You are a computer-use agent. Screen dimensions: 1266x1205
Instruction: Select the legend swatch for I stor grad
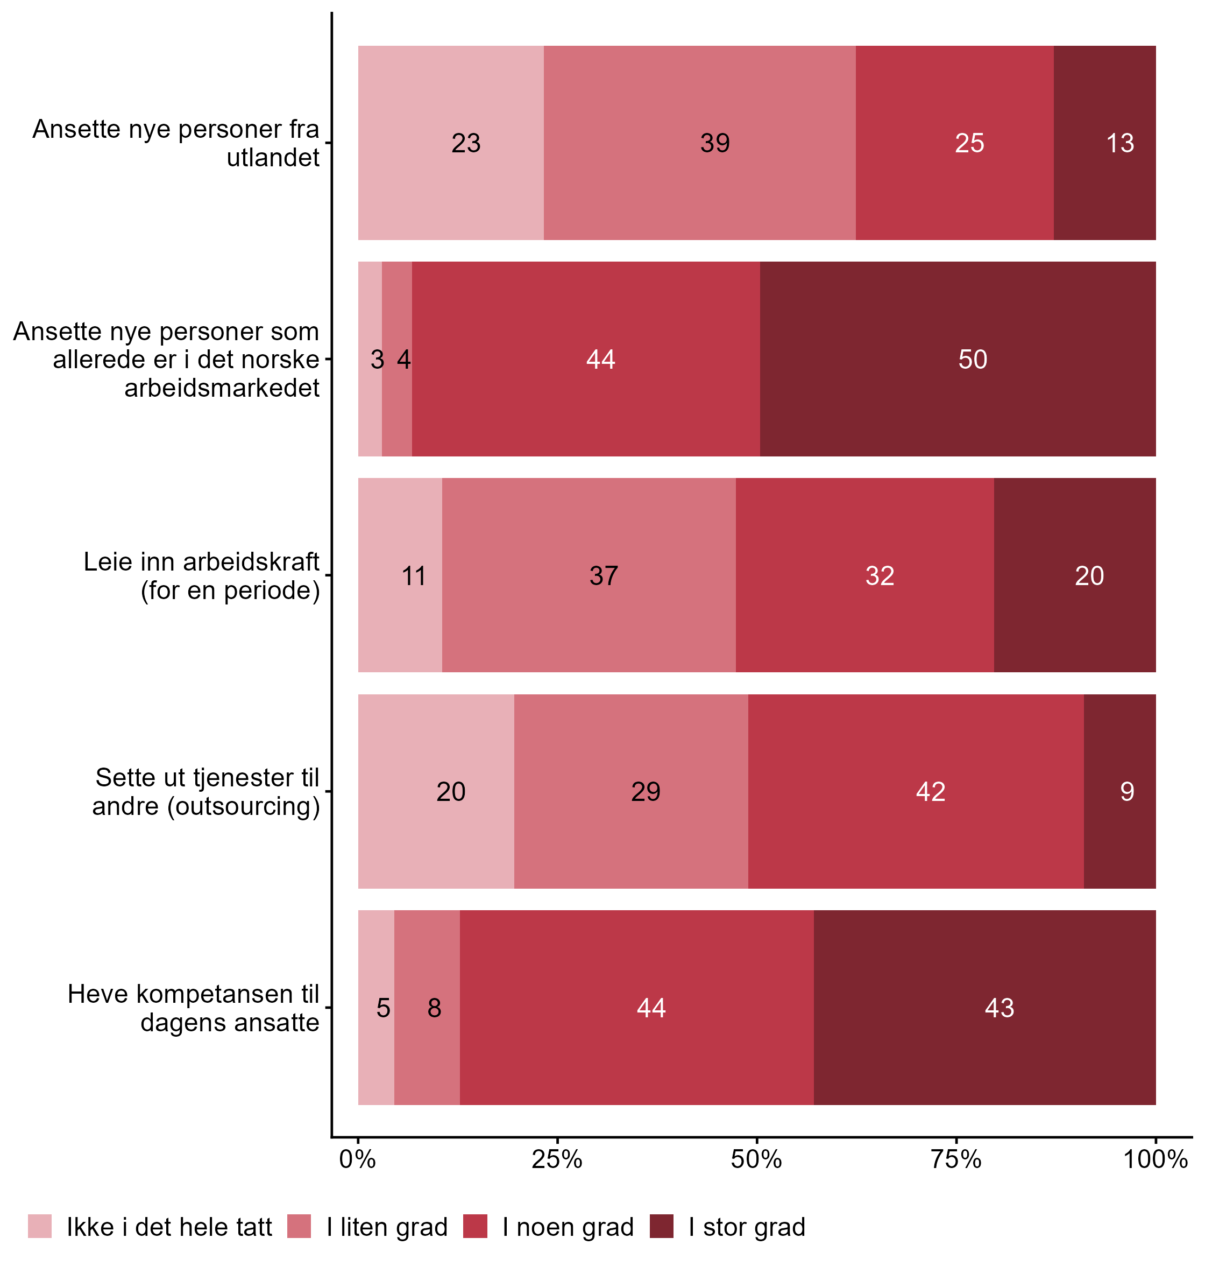pos(662,1226)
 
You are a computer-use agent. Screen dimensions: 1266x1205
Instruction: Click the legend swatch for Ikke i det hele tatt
pos(40,1226)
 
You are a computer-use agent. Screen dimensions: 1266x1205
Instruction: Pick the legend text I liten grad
pos(387,1227)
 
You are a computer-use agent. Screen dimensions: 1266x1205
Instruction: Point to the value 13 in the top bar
pos(1119,143)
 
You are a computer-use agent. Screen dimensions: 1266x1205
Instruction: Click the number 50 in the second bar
pos(973,359)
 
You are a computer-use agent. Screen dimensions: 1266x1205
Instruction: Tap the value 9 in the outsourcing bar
pos(1126,792)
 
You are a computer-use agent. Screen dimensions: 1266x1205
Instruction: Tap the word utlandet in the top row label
pos(273,158)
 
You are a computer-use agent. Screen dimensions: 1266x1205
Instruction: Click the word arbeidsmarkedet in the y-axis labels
pos(222,388)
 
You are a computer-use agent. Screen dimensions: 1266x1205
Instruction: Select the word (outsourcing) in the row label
pos(244,806)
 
